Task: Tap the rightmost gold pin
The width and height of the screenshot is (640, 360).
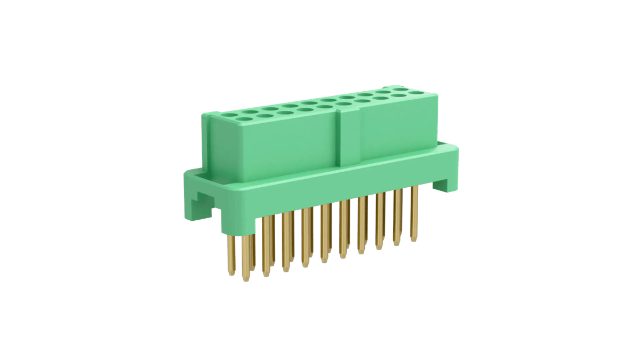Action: pos(413,213)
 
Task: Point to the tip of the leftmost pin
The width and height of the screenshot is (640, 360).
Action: pos(231,274)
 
